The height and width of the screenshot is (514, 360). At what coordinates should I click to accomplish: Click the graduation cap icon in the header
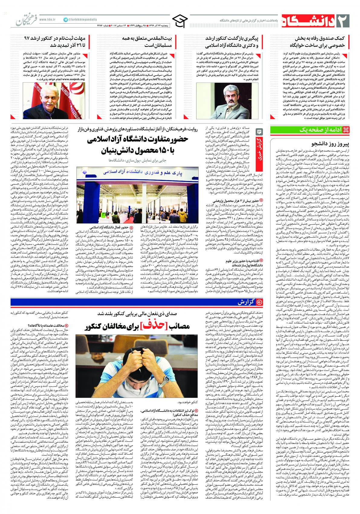[x=180, y=21]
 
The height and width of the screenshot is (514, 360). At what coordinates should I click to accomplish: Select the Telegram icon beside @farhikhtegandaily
[x=66, y=19]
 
